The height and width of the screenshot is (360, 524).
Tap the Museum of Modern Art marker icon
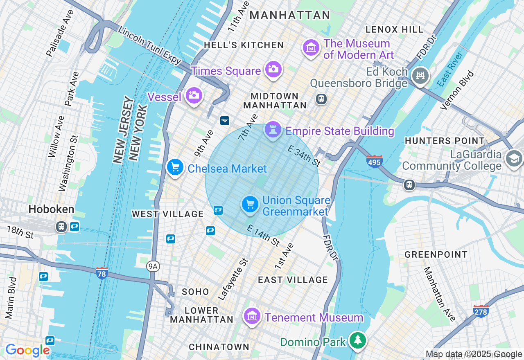311,47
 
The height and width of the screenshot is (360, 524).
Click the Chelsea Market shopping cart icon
175,167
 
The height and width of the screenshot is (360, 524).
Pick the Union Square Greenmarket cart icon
250,204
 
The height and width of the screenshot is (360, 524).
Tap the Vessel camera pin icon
194,96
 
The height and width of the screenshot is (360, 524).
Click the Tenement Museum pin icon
253,316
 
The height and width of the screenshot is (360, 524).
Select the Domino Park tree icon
358,340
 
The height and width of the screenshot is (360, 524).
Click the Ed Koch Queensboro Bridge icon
420,76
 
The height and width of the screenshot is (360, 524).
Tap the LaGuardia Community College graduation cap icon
514,158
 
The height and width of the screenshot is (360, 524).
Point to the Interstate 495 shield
374,161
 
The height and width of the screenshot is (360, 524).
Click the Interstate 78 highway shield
102,273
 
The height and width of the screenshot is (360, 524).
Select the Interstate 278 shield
481,311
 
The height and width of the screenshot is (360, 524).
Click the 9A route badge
153,267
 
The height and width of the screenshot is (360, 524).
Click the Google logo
27,350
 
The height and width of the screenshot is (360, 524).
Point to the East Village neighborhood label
293,280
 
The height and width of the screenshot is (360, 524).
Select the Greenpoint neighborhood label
436,254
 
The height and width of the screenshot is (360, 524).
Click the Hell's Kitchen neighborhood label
244,45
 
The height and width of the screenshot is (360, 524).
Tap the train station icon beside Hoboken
61,227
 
